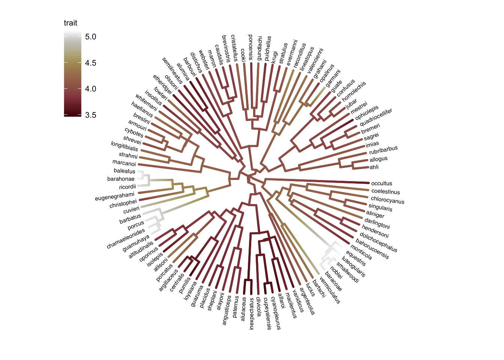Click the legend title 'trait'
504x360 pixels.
click(x=70, y=23)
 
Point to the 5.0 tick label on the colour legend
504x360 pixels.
click(x=90, y=37)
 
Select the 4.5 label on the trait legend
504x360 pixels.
click(x=90, y=63)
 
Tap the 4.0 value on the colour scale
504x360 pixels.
click(x=90, y=89)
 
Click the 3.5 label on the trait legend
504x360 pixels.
click(x=90, y=115)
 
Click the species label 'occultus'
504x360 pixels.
click(x=381, y=183)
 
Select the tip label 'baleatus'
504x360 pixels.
click(x=124, y=171)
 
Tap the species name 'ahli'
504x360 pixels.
click(x=374, y=167)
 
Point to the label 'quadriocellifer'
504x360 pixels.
click(x=376, y=117)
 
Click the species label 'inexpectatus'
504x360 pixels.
click(x=252, y=314)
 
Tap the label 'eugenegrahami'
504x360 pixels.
click(x=115, y=196)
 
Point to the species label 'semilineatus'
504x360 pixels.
click(x=172, y=70)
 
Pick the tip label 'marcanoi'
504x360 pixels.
click(x=124, y=163)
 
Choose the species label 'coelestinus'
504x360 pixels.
click(x=385, y=192)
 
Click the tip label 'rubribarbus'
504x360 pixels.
click(x=383, y=150)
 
